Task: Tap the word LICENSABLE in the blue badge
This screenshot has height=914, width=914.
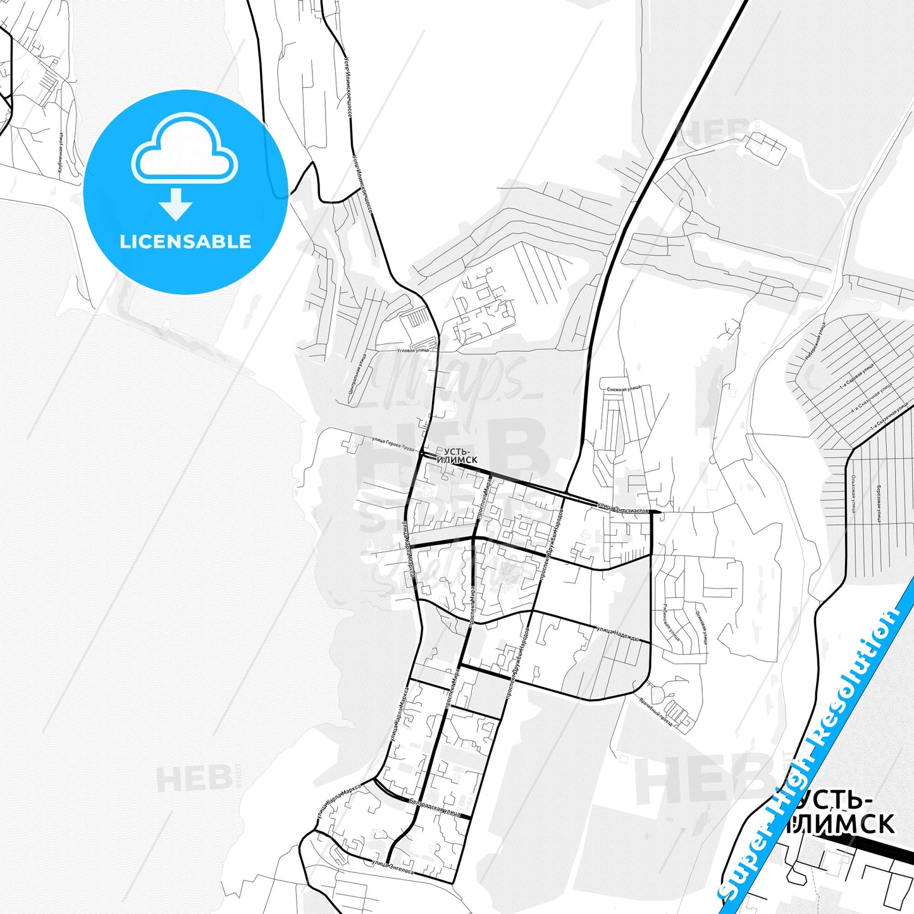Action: coord(185,242)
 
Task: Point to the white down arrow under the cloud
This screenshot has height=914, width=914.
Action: coord(176,204)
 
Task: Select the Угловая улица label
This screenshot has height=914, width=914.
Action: coord(412,350)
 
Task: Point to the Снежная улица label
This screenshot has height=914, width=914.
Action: coord(624,389)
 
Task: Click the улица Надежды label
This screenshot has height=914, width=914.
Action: coord(618,634)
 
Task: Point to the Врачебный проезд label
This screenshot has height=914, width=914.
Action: coord(655,711)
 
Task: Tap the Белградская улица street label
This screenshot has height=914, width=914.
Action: coord(435,807)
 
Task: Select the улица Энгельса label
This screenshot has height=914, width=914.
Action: coord(392,867)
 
